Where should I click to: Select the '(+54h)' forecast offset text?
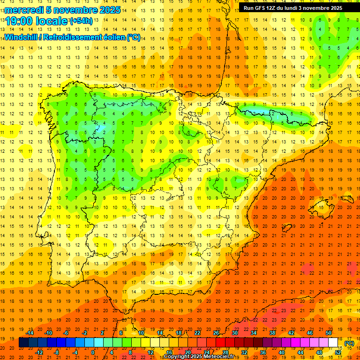pos(81,21)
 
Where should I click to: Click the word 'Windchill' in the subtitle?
pos(20,37)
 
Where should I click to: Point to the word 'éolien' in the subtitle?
pos(112,37)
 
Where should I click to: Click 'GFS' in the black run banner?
pos(259,8)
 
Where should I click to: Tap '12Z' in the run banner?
pos(273,8)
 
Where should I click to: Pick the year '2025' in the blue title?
pos(110,10)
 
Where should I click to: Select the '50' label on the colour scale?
pos(329,333)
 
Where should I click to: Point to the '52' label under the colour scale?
pos(338,352)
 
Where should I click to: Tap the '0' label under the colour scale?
pos(93,352)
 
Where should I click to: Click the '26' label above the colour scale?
pos(216,333)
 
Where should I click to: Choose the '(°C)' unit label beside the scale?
pos(349,343)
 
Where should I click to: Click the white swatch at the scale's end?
pos(333,343)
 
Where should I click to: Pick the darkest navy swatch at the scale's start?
pos(23,343)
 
